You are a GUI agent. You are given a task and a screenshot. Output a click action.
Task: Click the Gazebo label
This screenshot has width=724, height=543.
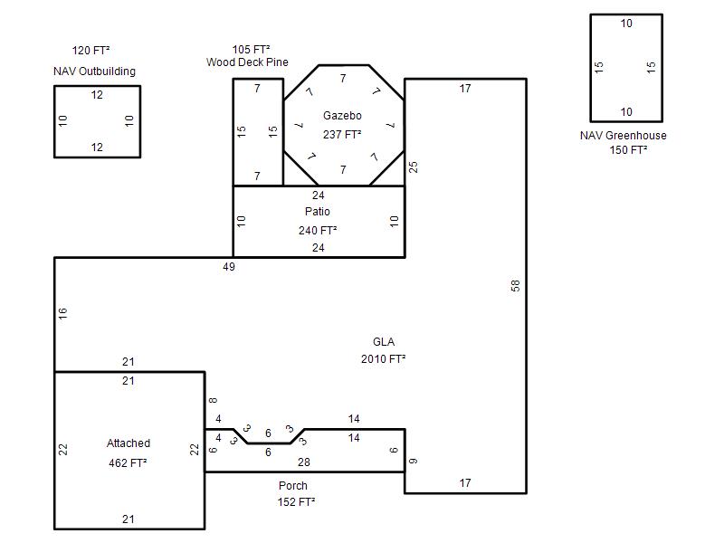point(342,116)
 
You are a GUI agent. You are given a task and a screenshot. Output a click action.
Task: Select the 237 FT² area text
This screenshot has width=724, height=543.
point(342,134)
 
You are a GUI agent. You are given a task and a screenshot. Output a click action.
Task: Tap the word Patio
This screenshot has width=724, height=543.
point(318,212)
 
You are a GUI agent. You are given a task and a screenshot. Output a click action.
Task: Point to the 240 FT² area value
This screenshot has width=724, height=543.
point(318,230)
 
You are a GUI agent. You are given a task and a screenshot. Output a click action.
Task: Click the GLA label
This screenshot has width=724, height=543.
point(384,342)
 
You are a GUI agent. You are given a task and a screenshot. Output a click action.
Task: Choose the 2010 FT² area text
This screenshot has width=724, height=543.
point(383,358)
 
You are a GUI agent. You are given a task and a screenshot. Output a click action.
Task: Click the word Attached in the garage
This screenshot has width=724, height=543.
point(129,443)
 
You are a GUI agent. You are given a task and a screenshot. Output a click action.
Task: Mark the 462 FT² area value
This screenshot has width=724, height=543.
point(128,462)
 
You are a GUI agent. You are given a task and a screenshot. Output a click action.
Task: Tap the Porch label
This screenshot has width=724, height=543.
point(293,486)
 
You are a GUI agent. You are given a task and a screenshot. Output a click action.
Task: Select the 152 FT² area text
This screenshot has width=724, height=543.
point(297,502)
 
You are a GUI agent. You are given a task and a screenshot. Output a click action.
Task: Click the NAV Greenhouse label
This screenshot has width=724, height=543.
point(624,135)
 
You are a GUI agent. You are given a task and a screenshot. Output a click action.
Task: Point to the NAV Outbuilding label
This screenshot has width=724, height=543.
point(95,71)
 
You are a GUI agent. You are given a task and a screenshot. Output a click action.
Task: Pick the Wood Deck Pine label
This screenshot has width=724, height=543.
point(247,62)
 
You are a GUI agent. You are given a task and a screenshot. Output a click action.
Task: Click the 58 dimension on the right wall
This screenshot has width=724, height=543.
point(515,286)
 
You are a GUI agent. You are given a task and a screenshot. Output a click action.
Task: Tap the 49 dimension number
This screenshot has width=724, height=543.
point(229,266)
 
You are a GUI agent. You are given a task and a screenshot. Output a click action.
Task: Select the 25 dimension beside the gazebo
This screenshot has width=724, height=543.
point(414,167)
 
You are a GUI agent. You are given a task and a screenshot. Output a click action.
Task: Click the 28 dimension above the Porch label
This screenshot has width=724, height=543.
point(304,462)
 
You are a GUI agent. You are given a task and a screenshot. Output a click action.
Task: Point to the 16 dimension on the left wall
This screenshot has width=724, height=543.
point(62,313)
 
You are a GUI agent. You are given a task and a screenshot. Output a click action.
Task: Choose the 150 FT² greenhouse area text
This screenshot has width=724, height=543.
point(628,150)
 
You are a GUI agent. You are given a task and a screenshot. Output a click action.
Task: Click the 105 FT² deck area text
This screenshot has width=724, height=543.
point(252,50)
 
